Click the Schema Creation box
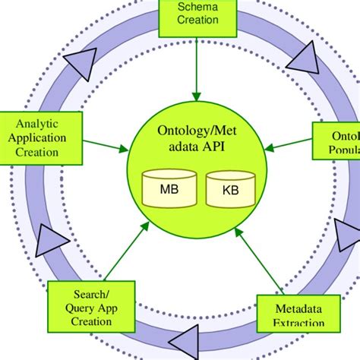point(197,16)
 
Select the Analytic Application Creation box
point(48,137)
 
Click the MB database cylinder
point(171,188)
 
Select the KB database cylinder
point(231,189)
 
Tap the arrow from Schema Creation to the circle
point(197,68)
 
